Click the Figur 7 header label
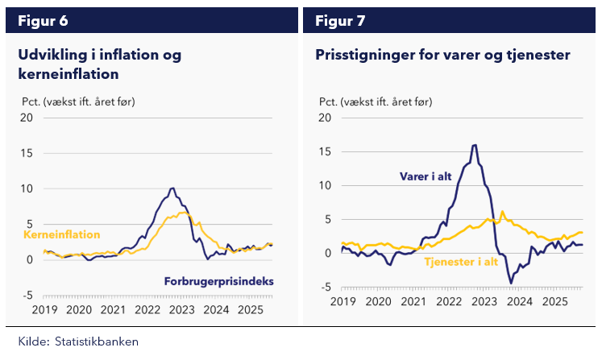click(340, 21)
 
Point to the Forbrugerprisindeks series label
click(219, 281)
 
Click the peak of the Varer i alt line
click(475, 145)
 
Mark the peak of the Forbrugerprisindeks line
click(172, 188)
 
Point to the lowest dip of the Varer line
click(511, 283)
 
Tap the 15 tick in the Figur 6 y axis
click(27, 153)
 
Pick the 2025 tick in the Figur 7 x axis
click(554, 302)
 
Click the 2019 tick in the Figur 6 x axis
click(44, 310)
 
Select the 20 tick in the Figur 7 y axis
click(326, 118)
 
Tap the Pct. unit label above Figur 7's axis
click(329, 102)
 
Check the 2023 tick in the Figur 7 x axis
click(484, 302)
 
